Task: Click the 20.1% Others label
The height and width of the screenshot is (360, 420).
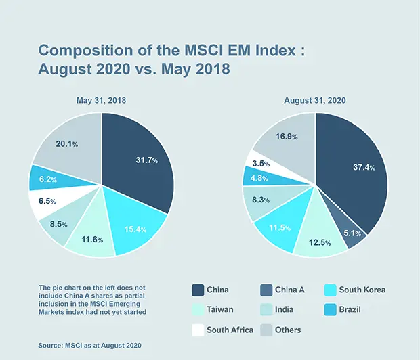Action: [66, 143]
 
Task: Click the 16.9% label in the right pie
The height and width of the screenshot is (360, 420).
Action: [286, 136]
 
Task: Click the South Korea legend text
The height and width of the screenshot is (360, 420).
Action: [362, 290]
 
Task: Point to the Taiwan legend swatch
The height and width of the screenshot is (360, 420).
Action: [198, 309]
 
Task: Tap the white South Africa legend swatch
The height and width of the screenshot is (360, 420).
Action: [198, 330]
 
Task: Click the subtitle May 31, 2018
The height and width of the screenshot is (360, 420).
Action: [101, 100]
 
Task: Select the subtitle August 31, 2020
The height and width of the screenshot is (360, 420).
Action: [315, 100]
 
